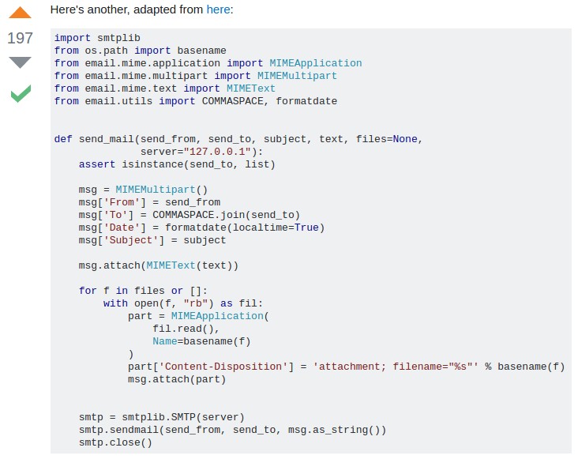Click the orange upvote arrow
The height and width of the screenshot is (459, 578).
pyautogui.click(x=21, y=13)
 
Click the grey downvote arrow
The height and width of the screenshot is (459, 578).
pyautogui.click(x=21, y=62)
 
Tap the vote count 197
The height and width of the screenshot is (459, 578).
pyautogui.click(x=21, y=37)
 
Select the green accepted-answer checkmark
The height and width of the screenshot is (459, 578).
pyautogui.click(x=21, y=95)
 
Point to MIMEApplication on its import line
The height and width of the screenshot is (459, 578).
pyautogui.click(x=315, y=63)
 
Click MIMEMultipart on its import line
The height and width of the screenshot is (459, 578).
pyautogui.click(x=297, y=76)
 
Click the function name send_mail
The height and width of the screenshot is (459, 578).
pyautogui.click(x=106, y=139)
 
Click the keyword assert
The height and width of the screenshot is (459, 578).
pyautogui.click(x=97, y=164)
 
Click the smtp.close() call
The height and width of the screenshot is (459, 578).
pyautogui.click(x=115, y=442)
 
